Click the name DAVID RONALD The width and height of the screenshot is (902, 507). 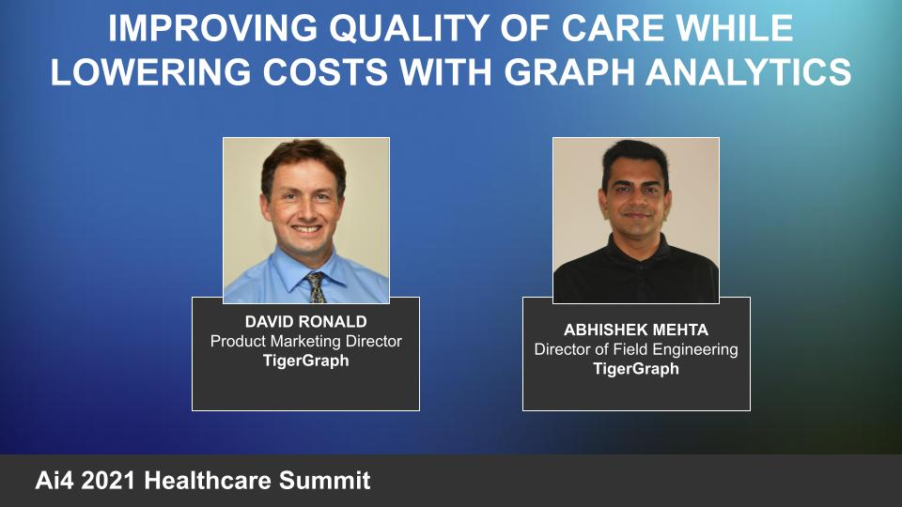tap(305, 322)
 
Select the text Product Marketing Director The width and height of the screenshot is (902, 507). tap(305, 342)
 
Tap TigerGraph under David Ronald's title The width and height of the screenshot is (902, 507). tap(305, 361)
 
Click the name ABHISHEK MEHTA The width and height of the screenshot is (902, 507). tap(636, 330)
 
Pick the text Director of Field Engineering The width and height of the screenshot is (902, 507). tap(636, 349)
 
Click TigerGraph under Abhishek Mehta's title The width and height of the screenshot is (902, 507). tap(636, 369)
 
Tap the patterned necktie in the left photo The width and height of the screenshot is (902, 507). tap(317, 285)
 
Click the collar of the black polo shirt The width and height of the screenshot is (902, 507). tap(636, 247)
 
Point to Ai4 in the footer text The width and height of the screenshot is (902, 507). tap(54, 482)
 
